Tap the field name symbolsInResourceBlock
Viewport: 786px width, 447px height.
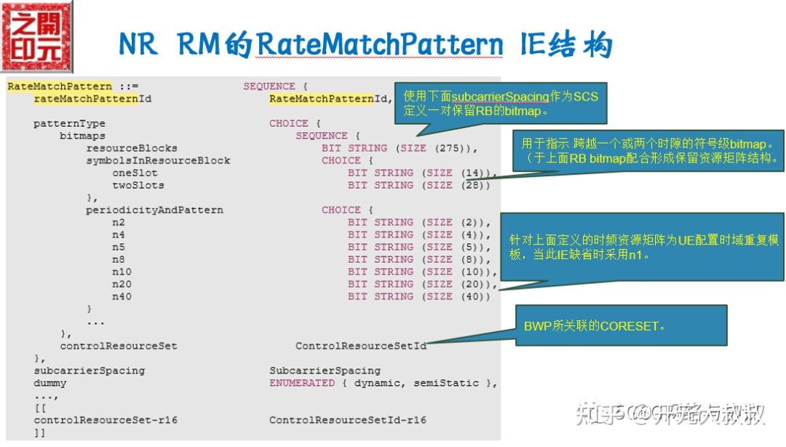158,160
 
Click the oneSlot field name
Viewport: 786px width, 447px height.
135,173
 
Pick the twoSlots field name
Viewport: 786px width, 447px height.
138,185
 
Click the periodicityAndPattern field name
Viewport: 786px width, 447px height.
154,210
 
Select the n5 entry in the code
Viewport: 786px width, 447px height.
118,247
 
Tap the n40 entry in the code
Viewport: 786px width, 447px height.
121,296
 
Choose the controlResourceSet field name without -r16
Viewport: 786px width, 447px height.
118,346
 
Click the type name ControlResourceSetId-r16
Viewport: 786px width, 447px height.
347,420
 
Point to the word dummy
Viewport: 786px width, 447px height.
49,383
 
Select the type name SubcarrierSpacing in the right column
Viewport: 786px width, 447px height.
325,371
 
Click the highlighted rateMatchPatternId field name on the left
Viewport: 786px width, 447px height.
92,98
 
